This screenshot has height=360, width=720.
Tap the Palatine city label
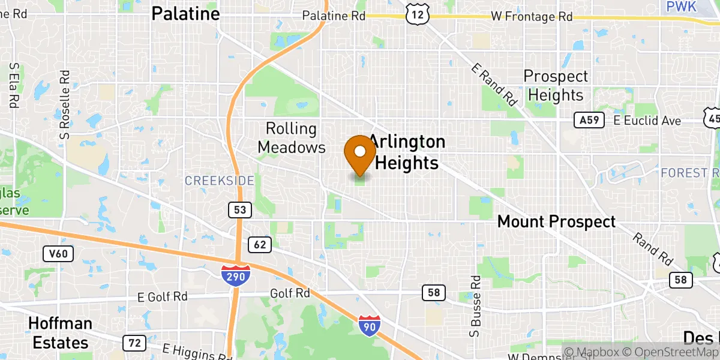click(185, 13)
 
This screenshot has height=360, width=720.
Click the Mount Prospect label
click(556, 221)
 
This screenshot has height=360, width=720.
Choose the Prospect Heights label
click(555, 86)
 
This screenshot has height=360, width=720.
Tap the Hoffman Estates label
click(60, 333)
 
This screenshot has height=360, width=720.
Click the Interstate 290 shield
click(236, 275)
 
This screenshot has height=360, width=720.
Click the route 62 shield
click(259, 244)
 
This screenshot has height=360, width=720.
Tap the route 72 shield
click(134, 343)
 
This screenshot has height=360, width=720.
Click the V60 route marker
click(58, 254)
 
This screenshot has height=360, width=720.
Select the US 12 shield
click(416, 15)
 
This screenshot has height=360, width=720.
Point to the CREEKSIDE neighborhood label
click(219, 181)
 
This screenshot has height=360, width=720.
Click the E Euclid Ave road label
click(647, 121)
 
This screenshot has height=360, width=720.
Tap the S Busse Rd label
click(475, 306)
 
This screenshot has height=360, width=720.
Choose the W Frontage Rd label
click(532, 17)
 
